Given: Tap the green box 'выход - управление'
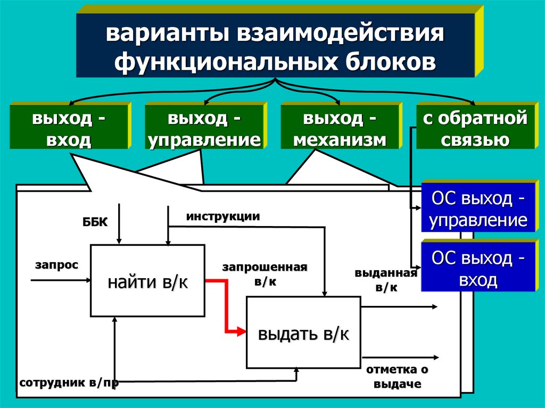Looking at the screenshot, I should click(204, 128).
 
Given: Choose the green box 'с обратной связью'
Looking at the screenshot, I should click(475, 128).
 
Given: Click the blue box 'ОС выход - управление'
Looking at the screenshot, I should click(478, 210).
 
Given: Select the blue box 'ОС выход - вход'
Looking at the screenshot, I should click(478, 269).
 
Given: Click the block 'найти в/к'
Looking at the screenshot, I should click(147, 280).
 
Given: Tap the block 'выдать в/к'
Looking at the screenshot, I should click(303, 334).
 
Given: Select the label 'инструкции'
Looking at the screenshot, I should click(223, 217).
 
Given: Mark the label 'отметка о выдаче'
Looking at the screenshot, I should click(397, 377).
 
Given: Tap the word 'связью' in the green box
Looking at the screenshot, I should click(475, 140).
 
